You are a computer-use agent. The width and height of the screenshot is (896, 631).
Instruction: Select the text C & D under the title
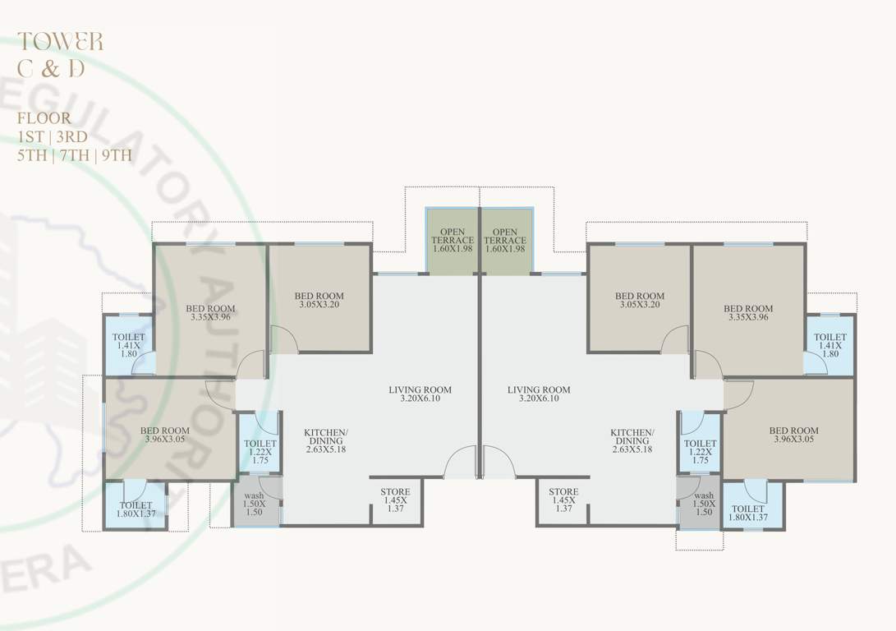[51, 69]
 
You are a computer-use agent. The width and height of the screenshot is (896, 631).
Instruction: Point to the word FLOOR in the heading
[44, 118]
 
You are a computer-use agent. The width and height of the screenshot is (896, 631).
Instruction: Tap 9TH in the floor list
[115, 156]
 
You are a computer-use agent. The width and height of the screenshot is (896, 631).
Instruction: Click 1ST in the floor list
[33, 137]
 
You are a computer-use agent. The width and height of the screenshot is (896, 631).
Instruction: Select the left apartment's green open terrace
[453, 240]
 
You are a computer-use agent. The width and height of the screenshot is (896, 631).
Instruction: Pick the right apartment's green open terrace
[506, 240]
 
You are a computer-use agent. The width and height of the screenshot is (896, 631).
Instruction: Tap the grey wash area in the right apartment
[702, 501]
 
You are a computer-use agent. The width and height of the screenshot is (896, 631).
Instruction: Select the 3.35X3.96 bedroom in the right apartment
[747, 312]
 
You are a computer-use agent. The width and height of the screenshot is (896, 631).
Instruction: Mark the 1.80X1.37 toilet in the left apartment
[136, 507]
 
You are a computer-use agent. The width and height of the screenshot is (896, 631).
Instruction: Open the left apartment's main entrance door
[460, 465]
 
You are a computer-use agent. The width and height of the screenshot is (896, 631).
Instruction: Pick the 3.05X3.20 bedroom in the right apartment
[639, 300]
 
